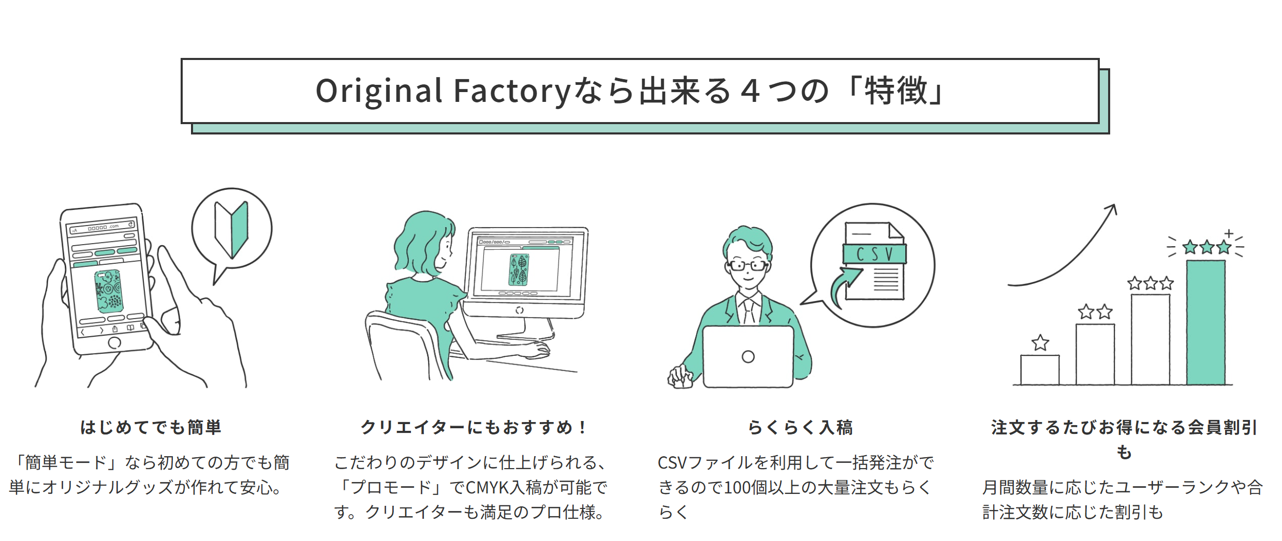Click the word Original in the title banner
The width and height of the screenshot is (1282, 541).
click(379, 92)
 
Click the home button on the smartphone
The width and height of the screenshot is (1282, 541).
click(114, 342)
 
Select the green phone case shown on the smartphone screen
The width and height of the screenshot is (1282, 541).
click(108, 291)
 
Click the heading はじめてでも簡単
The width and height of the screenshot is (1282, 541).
click(151, 427)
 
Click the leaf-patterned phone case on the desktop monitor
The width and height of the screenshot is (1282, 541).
click(519, 269)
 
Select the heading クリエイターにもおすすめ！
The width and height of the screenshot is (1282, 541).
click(474, 427)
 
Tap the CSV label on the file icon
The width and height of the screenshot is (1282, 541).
click(875, 254)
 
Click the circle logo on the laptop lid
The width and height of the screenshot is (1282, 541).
click(748, 356)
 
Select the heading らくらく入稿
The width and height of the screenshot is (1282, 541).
click(800, 427)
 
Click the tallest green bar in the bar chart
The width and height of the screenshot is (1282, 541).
click(1206, 322)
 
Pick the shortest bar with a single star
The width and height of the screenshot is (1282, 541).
click(1040, 370)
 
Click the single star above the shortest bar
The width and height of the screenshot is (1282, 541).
click(1040, 342)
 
